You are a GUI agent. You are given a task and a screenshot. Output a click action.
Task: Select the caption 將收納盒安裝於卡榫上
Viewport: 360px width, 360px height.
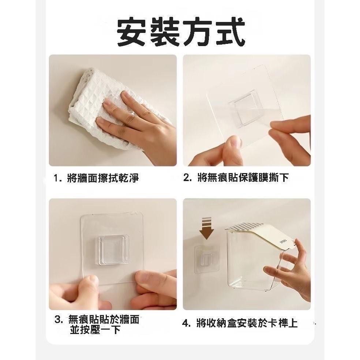pyautogui.click(x=247, y=323)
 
